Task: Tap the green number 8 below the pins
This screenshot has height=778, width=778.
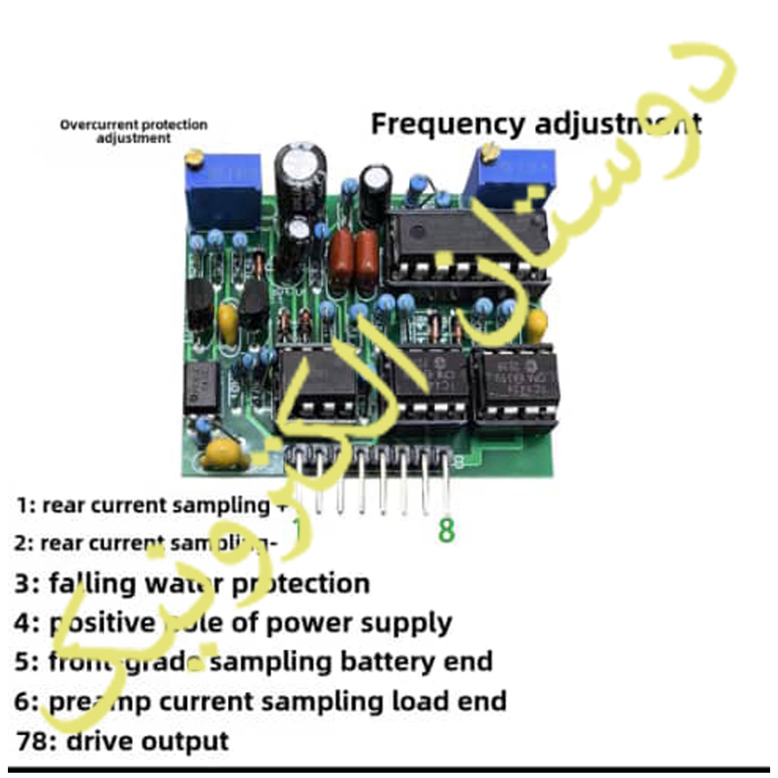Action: click(446, 530)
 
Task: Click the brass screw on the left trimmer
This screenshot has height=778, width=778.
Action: click(194, 157)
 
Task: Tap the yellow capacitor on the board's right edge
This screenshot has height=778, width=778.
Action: click(537, 323)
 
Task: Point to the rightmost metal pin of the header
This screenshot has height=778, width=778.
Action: click(447, 484)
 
